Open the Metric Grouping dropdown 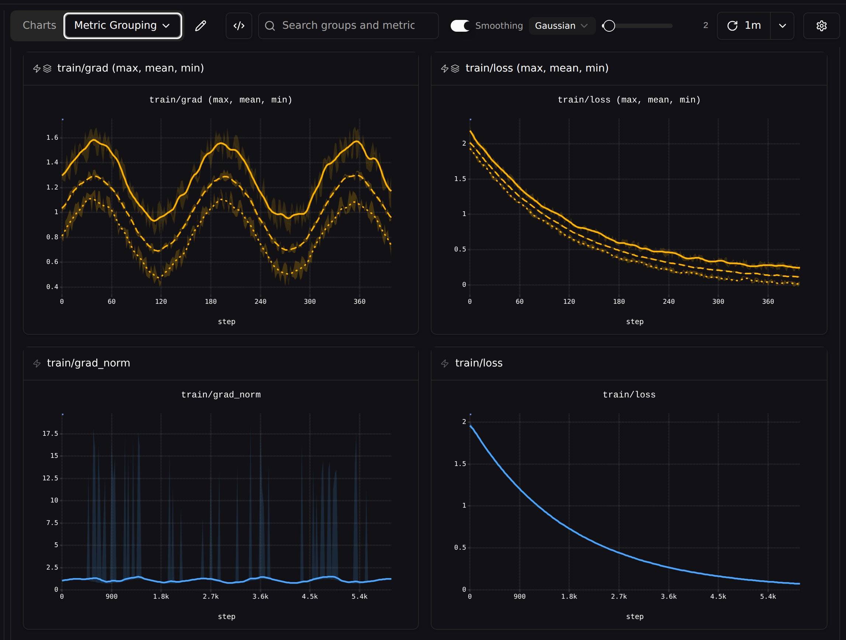[x=122, y=25]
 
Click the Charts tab [x=39, y=25]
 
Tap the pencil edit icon [x=200, y=25]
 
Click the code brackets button [x=239, y=25]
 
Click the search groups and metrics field [x=348, y=25]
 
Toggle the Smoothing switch [x=460, y=25]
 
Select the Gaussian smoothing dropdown [x=562, y=25]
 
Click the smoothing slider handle [x=609, y=25]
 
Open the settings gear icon [x=822, y=25]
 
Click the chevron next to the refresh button [x=783, y=25]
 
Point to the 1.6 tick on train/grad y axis [x=52, y=138]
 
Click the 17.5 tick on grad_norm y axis [x=50, y=434]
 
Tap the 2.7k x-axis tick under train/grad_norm [x=210, y=596]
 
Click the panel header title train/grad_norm [x=89, y=363]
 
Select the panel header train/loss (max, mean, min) [x=537, y=68]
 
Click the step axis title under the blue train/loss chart [x=635, y=617]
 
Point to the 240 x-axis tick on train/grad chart [x=260, y=302]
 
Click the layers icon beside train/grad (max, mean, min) [x=48, y=69]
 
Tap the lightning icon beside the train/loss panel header [x=445, y=363]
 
